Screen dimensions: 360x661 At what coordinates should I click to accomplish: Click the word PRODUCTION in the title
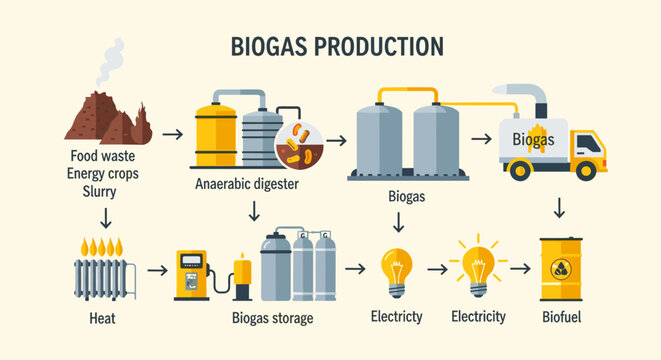click(x=380, y=46)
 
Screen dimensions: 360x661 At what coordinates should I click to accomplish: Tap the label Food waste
click(x=104, y=156)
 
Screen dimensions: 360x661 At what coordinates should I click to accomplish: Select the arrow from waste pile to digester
click(x=172, y=133)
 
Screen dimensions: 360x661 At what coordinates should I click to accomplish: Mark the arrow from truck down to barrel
click(x=560, y=208)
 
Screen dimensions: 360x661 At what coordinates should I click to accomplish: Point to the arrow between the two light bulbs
click(x=436, y=269)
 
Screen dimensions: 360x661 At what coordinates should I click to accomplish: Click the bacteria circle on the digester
click(x=297, y=145)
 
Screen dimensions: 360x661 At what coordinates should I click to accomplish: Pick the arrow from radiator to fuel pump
click(x=156, y=269)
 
